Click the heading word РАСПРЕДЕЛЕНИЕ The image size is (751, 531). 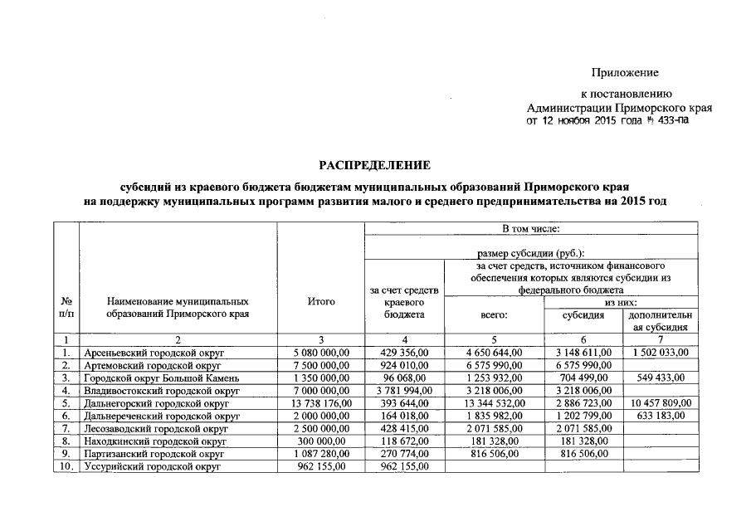click(x=375, y=166)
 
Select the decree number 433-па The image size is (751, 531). click(x=671, y=120)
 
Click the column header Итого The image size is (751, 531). click(x=320, y=302)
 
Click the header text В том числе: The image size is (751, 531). click(x=531, y=227)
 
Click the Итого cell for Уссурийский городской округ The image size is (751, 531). click(x=320, y=467)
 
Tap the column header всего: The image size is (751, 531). click(x=494, y=315)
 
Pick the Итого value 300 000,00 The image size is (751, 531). click(x=320, y=441)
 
